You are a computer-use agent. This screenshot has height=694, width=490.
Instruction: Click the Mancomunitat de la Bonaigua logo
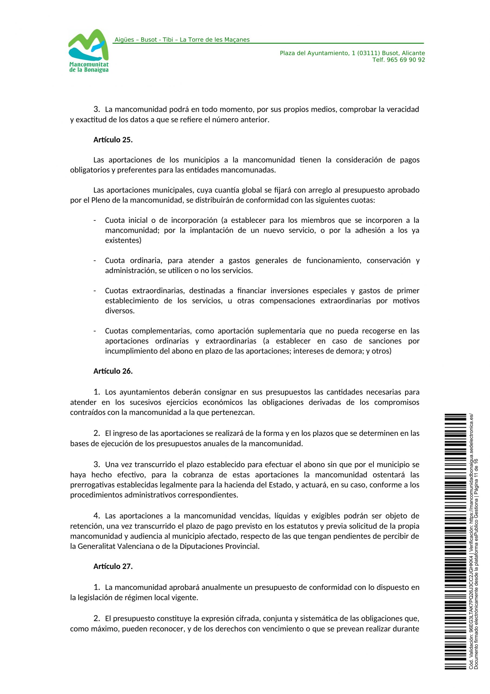click(x=89, y=51)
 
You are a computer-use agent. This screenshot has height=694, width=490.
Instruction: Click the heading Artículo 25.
click(x=113, y=140)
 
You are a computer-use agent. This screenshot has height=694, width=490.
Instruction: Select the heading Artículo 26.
click(x=113, y=371)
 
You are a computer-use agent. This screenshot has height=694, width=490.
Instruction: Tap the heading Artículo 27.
click(x=113, y=566)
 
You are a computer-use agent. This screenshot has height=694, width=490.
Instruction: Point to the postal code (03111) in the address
click(x=368, y=53)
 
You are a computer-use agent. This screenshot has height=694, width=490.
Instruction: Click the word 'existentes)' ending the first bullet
click(x=123, y=241)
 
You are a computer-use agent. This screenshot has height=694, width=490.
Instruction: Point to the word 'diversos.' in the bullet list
click(x=120, y=311)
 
